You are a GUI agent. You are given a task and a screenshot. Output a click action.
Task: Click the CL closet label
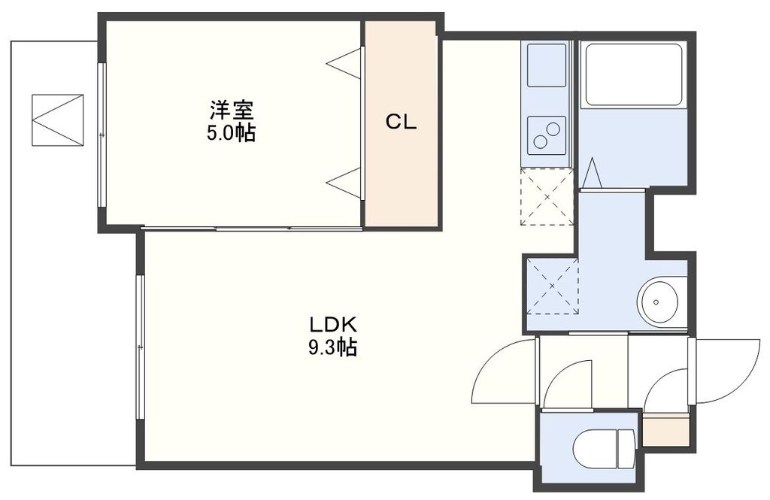point(401,123)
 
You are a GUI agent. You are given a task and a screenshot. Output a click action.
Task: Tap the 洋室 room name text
point(232,111)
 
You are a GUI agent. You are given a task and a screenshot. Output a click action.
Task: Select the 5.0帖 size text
point(232,134)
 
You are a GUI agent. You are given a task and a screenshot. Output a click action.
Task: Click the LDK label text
point(332,326)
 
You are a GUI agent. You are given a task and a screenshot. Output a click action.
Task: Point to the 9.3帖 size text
point(332,348)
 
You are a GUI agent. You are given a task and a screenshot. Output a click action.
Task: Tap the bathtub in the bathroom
point(633,74)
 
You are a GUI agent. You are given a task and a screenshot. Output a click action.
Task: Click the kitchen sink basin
point(547,65)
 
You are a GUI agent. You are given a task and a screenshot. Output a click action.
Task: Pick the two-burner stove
point(547,135)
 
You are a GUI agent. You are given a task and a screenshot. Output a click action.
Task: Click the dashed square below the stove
point(547,196)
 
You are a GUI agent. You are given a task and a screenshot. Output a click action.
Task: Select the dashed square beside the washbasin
point(552,286)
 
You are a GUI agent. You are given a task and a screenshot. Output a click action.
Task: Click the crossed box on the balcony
point(57,120)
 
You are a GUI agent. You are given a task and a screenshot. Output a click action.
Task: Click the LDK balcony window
point(140,346)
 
